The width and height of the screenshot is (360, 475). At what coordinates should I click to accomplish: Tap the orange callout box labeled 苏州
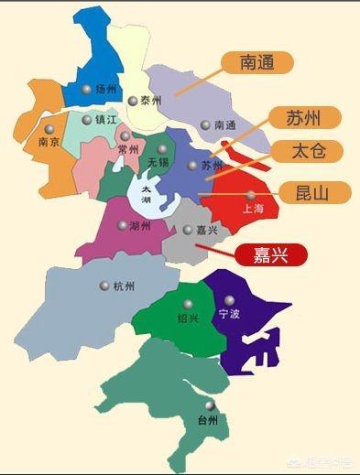click(304, 117)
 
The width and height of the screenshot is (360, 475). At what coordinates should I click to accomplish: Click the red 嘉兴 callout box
click(271, 254)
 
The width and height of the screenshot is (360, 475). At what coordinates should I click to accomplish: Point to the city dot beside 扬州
click(86, 90)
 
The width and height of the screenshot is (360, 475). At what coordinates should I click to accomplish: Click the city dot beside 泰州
click(133, 101)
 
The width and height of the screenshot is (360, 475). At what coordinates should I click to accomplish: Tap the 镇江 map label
click(104, 120)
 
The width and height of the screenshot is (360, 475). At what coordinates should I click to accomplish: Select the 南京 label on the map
click(49, 143)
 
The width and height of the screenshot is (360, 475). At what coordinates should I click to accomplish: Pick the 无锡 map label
click(158, 162)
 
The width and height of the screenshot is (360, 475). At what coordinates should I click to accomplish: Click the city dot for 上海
click(251, 195)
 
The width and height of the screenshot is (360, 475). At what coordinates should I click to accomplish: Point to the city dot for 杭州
click(105, 286)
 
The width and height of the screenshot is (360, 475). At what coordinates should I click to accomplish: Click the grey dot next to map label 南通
click(205, 124)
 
